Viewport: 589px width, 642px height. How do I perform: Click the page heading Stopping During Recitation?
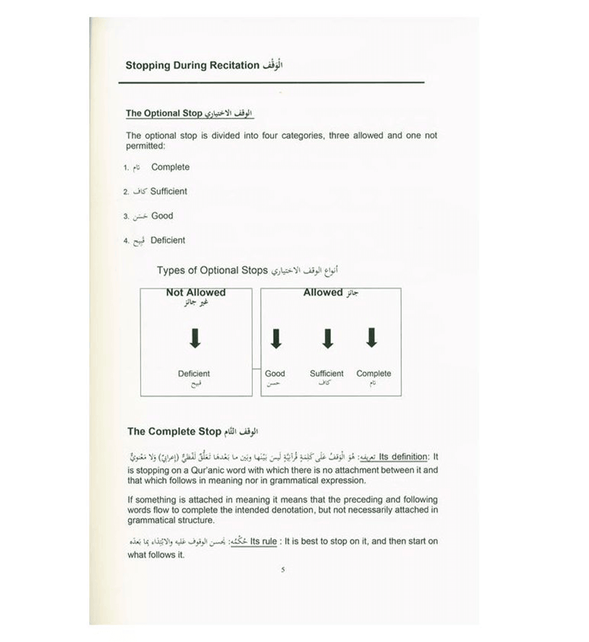point(192,65)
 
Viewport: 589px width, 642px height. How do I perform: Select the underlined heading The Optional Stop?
point(164,113)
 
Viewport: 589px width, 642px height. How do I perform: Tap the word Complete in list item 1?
point(170,167)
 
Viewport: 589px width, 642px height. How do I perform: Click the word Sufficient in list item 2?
point(169,191)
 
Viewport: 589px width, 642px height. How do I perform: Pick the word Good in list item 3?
point(162,216)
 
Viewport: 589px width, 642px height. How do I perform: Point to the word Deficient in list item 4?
point(168,240)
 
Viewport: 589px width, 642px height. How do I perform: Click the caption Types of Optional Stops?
point(213,271)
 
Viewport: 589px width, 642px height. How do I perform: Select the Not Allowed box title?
point(196,293)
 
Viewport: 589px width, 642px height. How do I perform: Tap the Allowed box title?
point(323,293)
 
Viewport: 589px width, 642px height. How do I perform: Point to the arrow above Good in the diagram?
point(275,338)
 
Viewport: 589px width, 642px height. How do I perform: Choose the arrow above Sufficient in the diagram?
point(327,338)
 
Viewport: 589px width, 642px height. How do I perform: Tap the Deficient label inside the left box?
point(194,373)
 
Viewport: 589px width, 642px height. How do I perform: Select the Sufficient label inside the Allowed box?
point(326,373)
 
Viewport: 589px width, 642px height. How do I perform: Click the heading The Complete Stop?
point(174,432)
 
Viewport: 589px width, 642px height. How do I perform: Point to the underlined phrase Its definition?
point(403,457)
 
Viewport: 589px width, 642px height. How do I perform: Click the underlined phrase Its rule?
point(263,541)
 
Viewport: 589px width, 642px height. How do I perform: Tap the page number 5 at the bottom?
point(283,570)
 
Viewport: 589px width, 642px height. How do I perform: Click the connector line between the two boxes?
point(256,369)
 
